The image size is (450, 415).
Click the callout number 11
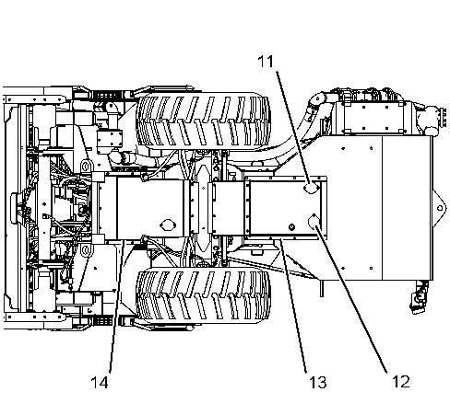coord(266,62)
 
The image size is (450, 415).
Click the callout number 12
coord(401,382)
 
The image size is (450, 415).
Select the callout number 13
coord(317,383)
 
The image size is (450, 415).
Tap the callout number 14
coord(100,383)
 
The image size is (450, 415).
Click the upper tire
coord(203,121)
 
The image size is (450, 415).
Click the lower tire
coord(203,295)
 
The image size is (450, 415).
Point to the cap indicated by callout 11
coord(311,188)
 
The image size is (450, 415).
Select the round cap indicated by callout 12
coord(314,223)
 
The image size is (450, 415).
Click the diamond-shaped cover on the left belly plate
coord(168,225)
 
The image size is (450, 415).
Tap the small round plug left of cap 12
coord(291,227)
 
